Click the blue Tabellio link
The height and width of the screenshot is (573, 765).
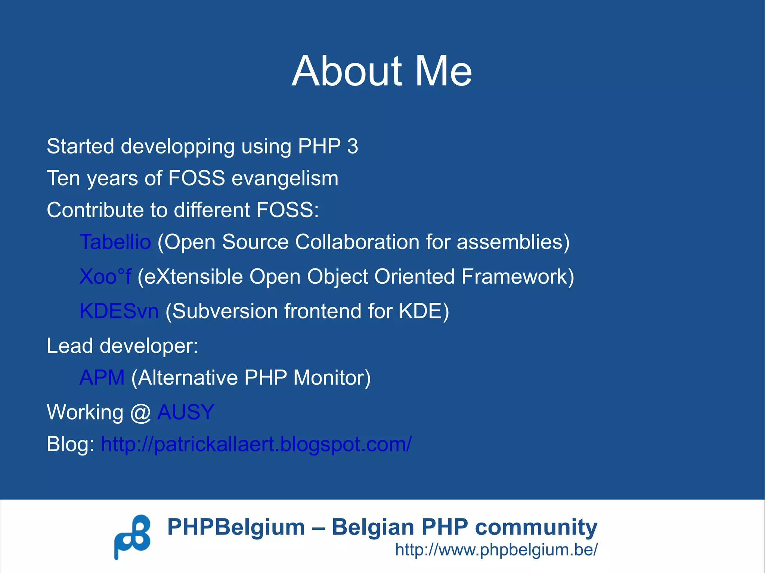tap(115, 242)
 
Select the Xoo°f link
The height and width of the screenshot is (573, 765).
tap(105, 277)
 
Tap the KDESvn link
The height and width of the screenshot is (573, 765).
tap(119, 311)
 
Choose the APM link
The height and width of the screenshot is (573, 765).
tap(102, 377)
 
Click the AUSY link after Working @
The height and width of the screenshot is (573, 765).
tap(185, 412)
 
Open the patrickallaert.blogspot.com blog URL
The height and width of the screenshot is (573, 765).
tap(256, 444)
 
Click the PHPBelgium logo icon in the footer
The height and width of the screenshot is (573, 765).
tap(132, 536)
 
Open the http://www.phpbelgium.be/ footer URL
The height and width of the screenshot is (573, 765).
tap(496, 549)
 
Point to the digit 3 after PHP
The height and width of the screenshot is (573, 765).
tap(352, 146)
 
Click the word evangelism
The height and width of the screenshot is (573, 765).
tap(285, 178)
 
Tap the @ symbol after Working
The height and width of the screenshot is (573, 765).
tap(140, 413)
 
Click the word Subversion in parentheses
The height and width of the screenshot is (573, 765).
tap(225, 311)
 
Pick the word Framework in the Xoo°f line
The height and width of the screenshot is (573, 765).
tap(517, 277)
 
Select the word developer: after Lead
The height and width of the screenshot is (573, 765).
tap(149, 346)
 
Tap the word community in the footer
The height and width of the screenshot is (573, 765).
tap(536, 527)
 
